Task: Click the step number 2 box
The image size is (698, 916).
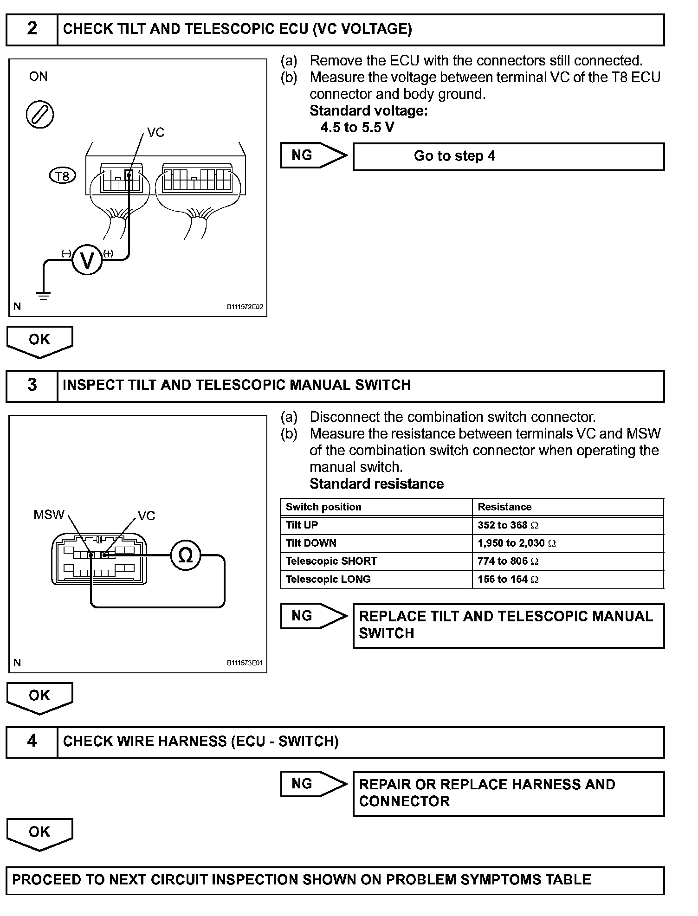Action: coord(32,29)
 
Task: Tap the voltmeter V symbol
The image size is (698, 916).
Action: coord(87,260)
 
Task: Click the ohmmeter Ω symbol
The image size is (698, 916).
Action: coord(185,555)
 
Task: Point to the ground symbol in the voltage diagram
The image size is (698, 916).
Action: coord(43,294)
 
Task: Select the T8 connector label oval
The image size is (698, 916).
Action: coord(62,176)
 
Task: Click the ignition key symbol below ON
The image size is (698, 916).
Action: coord(40,115)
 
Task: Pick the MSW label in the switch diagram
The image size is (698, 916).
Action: coord(49,515)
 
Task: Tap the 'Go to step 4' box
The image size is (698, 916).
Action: coord(508,156)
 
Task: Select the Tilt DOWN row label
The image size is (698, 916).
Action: coord(311,543)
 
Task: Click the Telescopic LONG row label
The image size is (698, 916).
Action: coord(328,579)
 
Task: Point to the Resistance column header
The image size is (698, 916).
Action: coord(504,507)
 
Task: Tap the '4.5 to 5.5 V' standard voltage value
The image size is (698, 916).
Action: coord(357,127)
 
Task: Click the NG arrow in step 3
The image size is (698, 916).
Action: coord(313,616)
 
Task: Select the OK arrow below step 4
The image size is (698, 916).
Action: coord(39,834)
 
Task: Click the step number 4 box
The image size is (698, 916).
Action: coord(32,741)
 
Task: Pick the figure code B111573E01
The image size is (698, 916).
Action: coord(245,663)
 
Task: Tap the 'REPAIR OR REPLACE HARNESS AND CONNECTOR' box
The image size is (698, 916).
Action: coord(508,793)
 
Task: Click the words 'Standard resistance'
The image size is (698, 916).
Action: coord(376,484)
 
